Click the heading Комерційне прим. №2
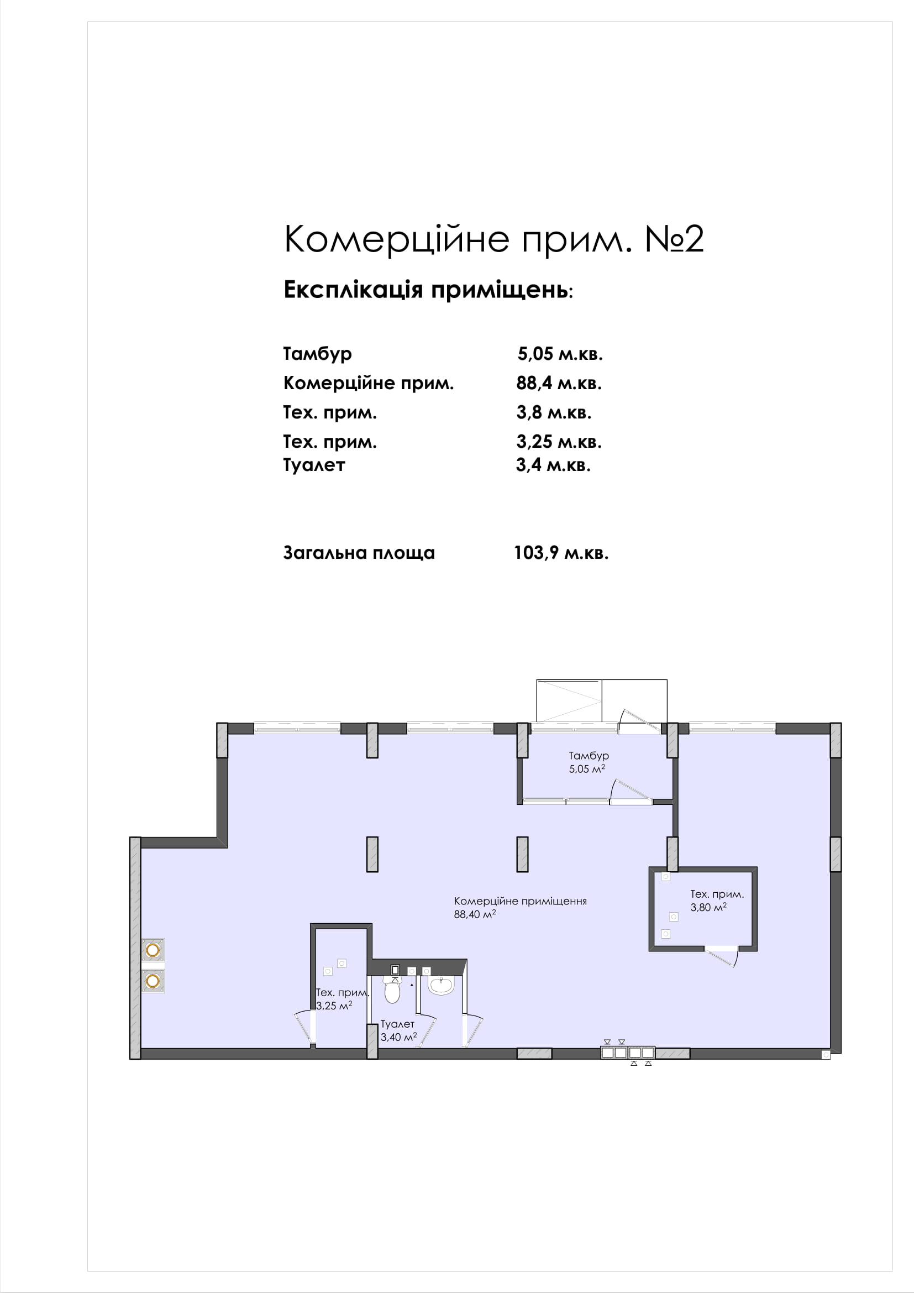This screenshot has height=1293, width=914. point(493,239)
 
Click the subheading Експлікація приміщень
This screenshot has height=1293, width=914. point(428,290)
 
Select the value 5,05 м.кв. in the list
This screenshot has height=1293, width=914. point(560,354)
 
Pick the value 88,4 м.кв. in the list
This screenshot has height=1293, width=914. point(559,383)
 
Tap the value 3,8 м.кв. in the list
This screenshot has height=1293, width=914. point(554,412)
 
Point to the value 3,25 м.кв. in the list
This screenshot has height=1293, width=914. point(559,442)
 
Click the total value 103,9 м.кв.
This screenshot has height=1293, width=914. point(561,552)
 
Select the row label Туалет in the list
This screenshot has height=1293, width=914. point(314,465)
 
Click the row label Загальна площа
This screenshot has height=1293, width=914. point(359,553)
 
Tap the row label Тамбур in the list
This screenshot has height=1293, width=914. point(317,354)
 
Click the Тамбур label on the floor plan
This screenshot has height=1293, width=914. point(589,756)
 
